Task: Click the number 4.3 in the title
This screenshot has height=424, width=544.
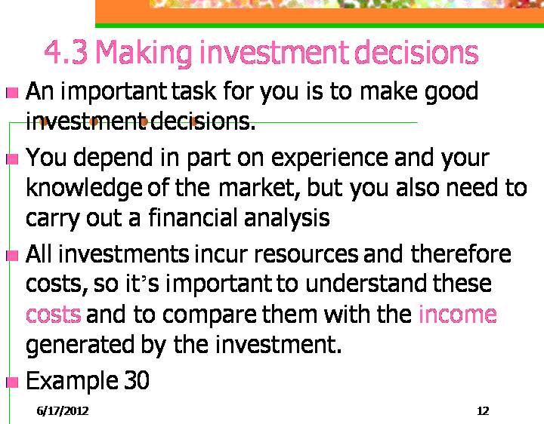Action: pyautogui.click(x=66, y=52)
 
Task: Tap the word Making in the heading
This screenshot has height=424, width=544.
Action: pyautogui.click(x=144, y=53)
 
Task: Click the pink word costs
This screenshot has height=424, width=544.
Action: pyautogui.click(x=54, y=315)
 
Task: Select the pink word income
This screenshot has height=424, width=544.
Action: pyautogui.click(x=458, y=314)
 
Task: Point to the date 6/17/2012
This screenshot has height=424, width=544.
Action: pyautogui.click(x=63, y=411)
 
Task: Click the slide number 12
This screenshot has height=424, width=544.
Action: pyautogui.click(x=483, y=411)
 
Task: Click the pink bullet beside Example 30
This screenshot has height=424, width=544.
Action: pyautogui.click(x=13, y=383)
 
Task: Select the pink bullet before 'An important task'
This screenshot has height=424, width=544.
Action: pyautogui.click(x=13, y=93)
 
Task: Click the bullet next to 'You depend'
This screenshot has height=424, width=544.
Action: pyautogui.click(x=13, y=159)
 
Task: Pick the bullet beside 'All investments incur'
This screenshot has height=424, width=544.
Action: pyautogui.click(x=13, y=256)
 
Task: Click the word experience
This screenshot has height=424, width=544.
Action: pyautogui.click(x=329, y=158)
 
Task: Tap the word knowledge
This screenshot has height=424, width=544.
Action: pyautogui.click(x=84, y=189)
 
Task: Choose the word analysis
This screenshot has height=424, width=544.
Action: pyautogui.click(x=287, y=220)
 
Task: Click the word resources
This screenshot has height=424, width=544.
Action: pyautogui.click(x=306, y=254)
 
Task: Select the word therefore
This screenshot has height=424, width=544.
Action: pyautogui.click(x=461, y=253)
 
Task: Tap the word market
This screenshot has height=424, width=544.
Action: pyautogui.click(x=259, y=188)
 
